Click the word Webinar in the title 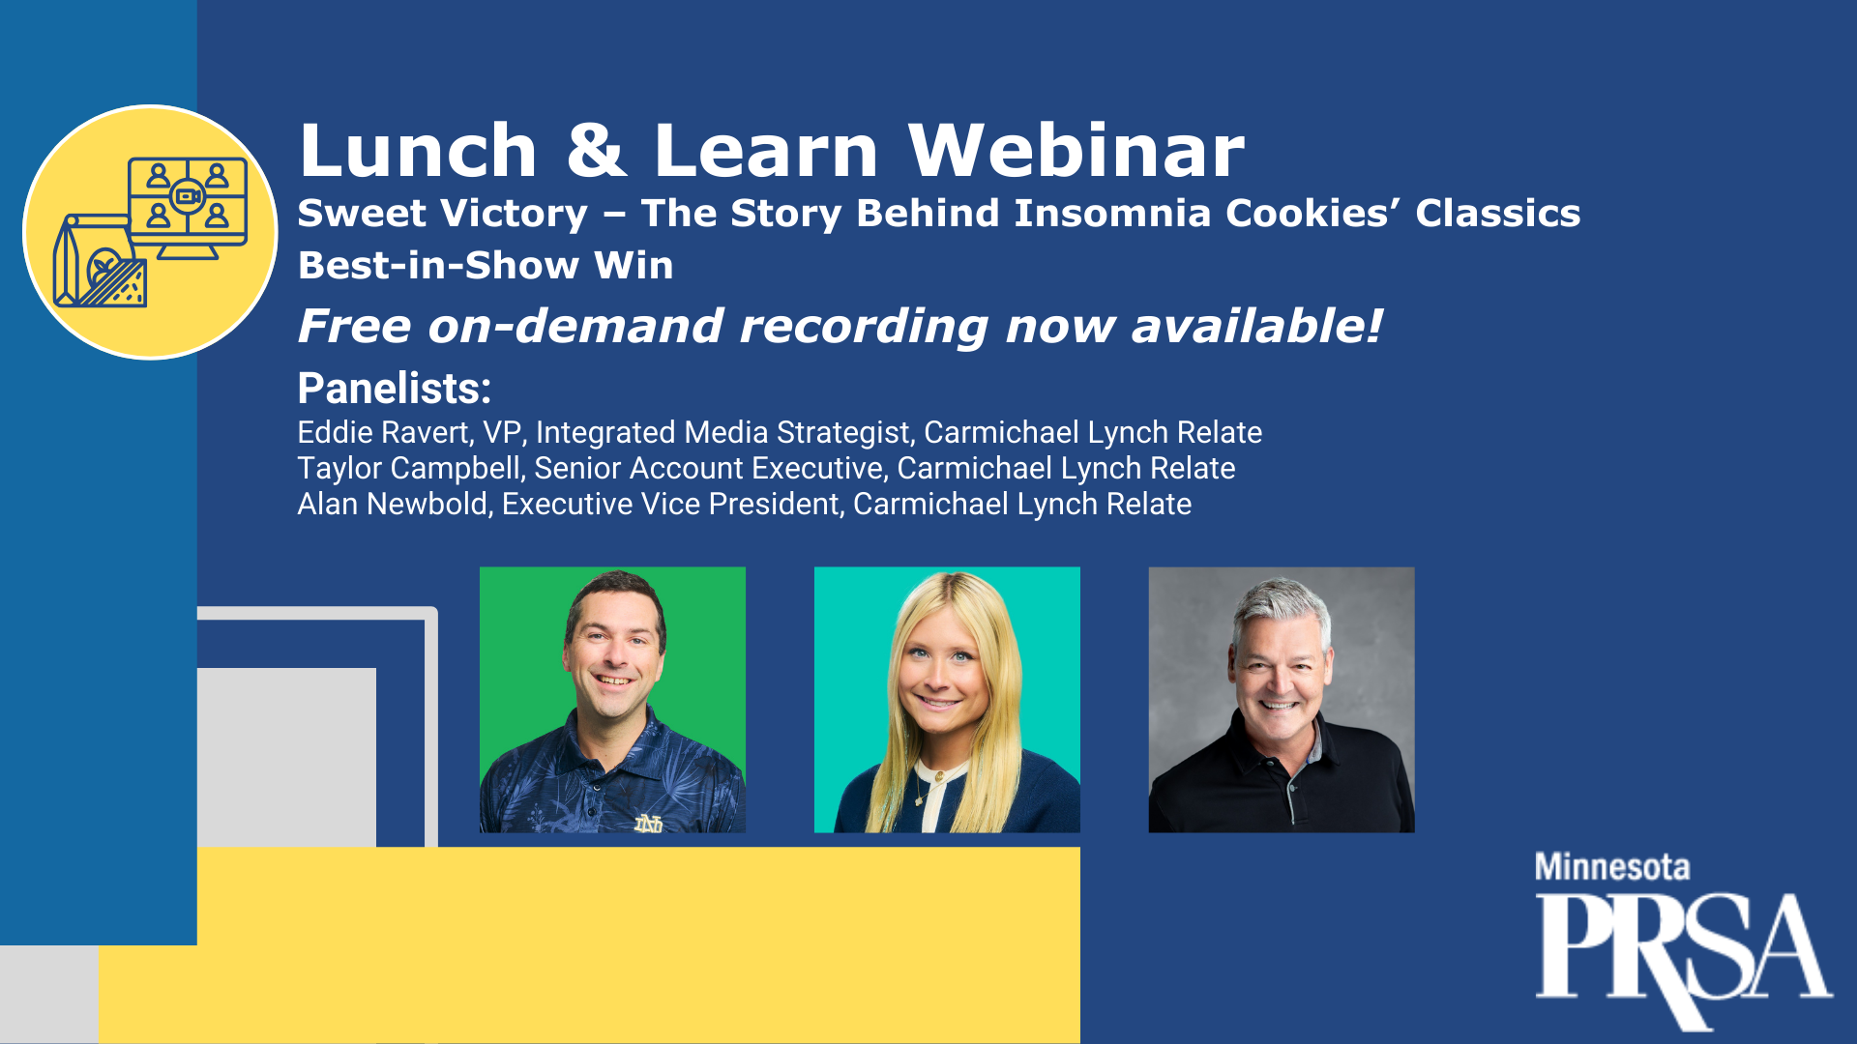click(1076, 151)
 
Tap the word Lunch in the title click(418, 151)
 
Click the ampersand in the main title click(596, 151)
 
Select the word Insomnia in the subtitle click(1112, 213)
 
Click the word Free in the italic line click(355, 326)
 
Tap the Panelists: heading click(395, 389)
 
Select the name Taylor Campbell click(410, 468)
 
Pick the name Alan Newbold click(393, 504)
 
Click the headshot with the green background click(612, 700)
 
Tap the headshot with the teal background click(947, 700)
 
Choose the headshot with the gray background click(1282, 700)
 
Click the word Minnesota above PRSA click(1612, 867)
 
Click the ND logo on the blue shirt click(648, 824)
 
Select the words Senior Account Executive click(709, 468)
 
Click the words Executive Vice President click(671, 504)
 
